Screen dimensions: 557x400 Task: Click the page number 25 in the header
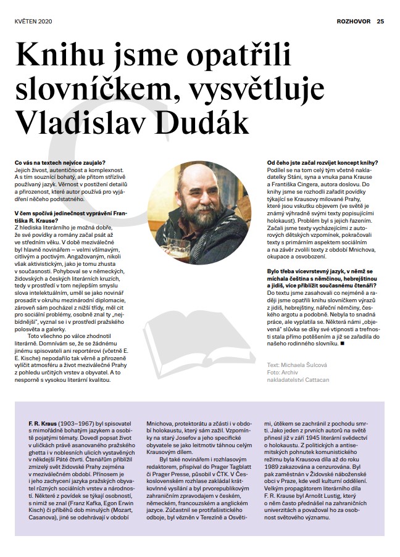(380, 20)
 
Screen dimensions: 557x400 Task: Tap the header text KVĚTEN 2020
(33, 20)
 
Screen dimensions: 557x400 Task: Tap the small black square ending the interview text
(342, 343)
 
